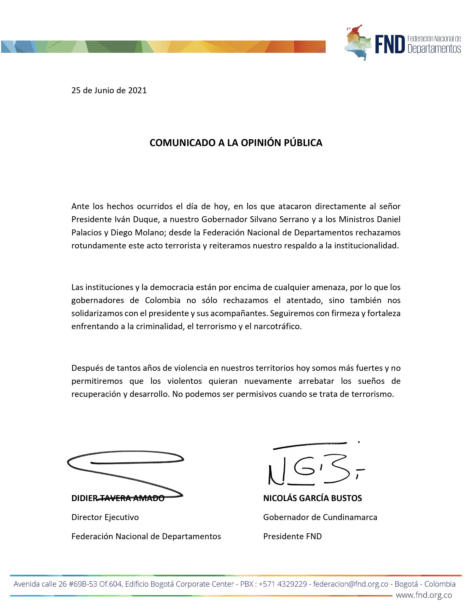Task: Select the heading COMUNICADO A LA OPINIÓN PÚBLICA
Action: [x=236, y=143]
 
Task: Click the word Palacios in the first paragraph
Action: [x=87, y=233]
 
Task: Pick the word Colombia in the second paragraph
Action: [x=163, y=300]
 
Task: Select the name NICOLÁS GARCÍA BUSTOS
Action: [x=312, y=498]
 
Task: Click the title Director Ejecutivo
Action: [x=105, y=517]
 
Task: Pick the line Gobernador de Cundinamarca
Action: [x=320, y=517]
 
